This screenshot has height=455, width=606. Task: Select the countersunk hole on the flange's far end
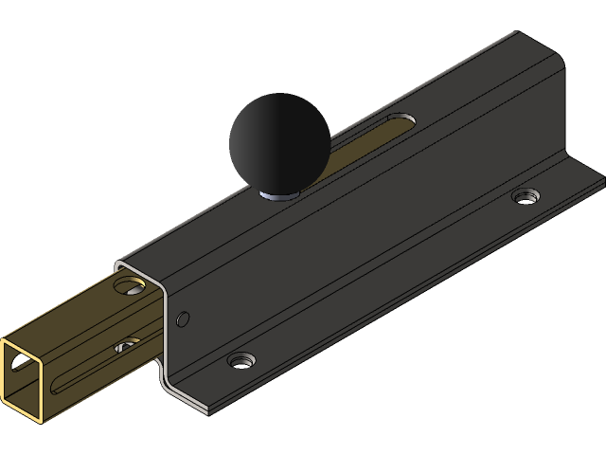(525, 196)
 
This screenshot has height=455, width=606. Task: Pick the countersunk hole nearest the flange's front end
(242, 360)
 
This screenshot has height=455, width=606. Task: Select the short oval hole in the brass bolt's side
(126, 348)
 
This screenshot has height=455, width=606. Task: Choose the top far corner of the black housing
(516, 35)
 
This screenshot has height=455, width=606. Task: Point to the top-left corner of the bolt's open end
(3, 339)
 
